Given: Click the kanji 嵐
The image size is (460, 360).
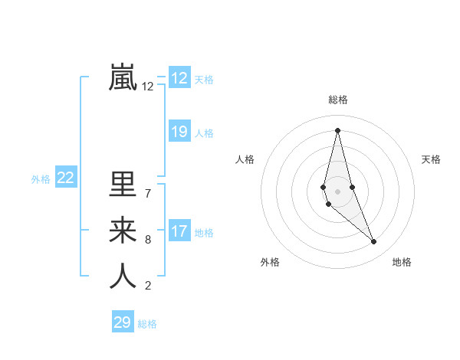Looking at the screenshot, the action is point(123,77).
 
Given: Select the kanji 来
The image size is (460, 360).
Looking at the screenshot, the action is point(123,231).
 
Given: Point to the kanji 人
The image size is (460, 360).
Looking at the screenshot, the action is point(123,276).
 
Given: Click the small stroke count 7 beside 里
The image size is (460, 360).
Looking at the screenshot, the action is point(148,193).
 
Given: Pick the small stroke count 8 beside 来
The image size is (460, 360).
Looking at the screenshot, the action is point(148,240).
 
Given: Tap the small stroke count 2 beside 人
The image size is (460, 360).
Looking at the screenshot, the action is point(148,286).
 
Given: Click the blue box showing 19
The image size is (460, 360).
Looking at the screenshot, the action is point(179,132).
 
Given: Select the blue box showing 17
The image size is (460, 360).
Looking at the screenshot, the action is point(179,231).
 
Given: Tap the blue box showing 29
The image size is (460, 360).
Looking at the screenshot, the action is point(123,322).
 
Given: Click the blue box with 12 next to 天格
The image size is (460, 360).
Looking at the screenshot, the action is point(179,78).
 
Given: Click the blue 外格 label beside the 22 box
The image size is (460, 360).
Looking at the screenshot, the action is point(41,179).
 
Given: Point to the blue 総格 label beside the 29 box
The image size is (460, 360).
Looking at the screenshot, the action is point(148,324).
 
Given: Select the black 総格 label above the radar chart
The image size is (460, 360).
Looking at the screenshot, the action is point(338,100).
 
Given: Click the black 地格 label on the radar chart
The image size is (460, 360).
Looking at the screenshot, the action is point(402,262).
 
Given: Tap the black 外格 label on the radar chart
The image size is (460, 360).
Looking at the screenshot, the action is point(270,262).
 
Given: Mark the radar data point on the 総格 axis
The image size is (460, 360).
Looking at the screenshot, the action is point(338,130).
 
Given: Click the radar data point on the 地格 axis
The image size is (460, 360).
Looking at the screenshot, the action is point(374,242).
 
